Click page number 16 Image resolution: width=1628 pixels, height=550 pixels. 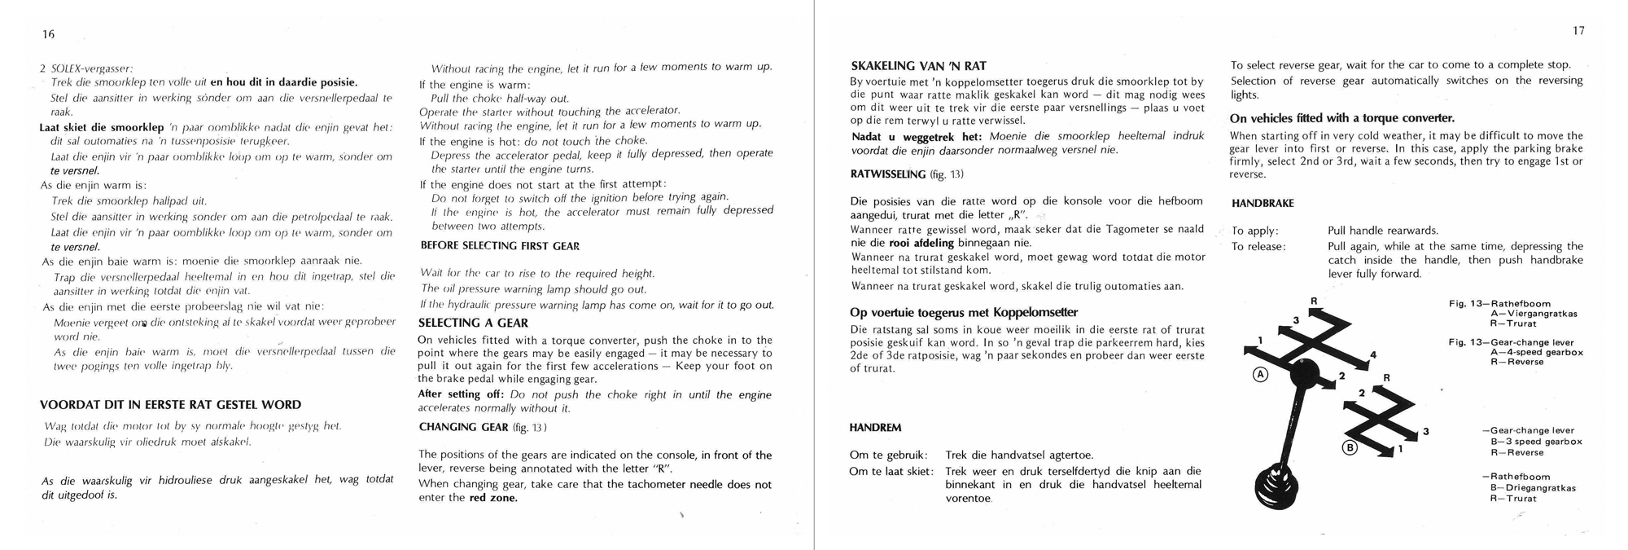[x=49, y=33]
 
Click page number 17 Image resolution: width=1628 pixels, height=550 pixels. [x=1578, y=31]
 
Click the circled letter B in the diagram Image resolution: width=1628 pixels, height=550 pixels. [x=1350, y=447]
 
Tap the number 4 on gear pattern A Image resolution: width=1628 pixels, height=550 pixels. [x=1373, y=354]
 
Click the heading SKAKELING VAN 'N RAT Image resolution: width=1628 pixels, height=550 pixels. [x=918, y=66]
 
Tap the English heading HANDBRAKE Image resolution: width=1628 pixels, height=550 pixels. [x=1263, y=203]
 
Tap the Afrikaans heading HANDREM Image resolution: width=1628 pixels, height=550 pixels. [x=875, y=427]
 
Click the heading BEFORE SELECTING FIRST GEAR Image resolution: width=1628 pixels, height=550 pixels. [x=500, y=245]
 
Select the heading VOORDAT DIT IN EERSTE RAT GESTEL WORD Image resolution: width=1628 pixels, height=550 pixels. [x=170, y=404]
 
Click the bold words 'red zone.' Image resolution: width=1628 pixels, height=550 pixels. [x=493, y=498]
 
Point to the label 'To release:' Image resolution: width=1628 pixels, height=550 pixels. [x=1258, y=247]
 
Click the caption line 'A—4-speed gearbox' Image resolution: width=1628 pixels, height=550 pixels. [x=1536, y=352]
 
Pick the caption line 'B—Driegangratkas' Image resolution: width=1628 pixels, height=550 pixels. [x=1533, y=488]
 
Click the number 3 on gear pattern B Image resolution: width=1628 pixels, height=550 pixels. [x=1425, y=431]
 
